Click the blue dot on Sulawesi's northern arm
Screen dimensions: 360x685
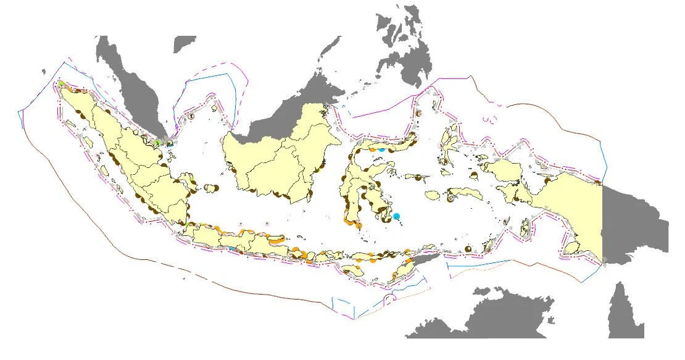click(x=382, y=149)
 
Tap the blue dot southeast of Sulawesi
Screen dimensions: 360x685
click(x=396, y=216)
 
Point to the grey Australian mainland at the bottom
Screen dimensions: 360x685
click(x=494, y=315)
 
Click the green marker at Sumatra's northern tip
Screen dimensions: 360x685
click(x=62, y=84)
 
